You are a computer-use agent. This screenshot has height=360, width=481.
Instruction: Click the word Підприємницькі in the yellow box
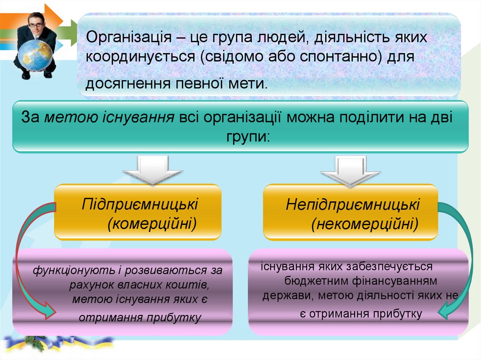coord(140,204)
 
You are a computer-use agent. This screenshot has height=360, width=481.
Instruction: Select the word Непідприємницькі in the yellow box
coord(353,205)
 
